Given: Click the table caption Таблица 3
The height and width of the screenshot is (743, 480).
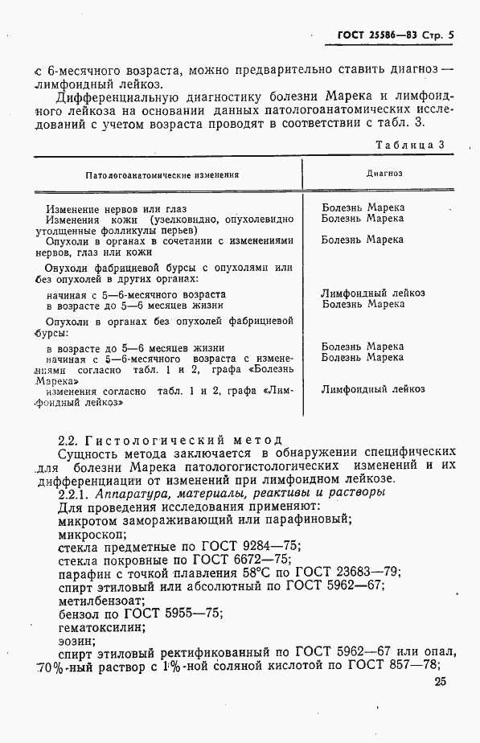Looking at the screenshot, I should [409, 145].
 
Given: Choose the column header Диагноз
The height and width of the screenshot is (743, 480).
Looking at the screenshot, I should [384, 173].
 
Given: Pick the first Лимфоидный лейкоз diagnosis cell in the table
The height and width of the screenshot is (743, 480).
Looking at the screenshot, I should [372, 294].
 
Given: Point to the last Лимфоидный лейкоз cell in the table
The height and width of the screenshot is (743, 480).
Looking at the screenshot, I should [372, 390].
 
